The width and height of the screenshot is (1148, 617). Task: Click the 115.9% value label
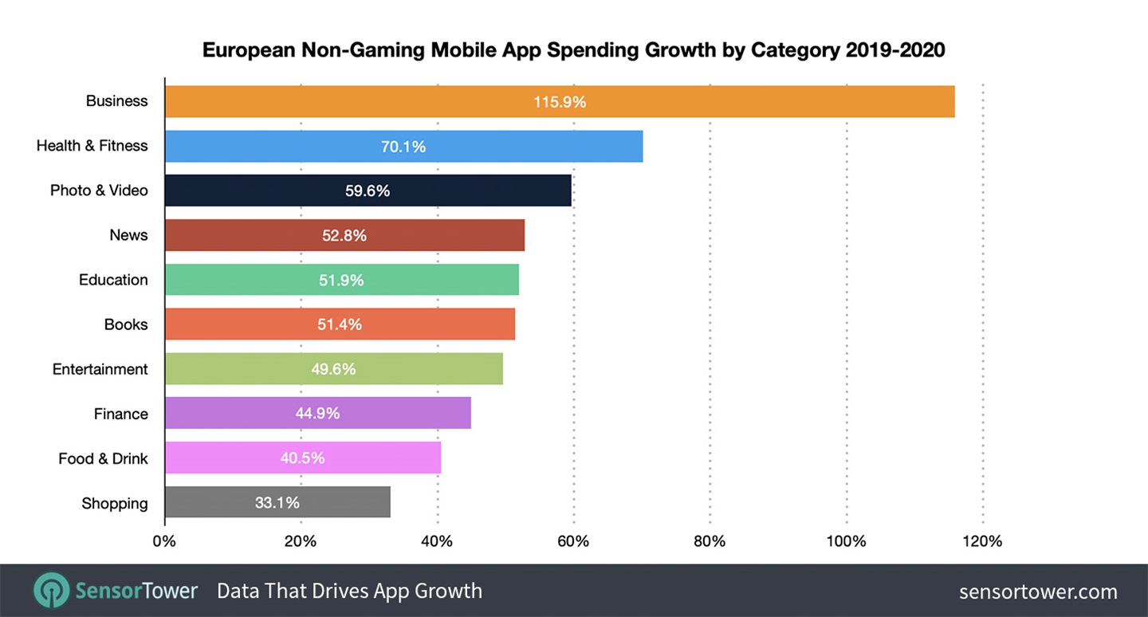[560, 102]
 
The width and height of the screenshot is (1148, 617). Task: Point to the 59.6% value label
[368, 191]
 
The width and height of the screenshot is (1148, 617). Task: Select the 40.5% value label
[302, 458]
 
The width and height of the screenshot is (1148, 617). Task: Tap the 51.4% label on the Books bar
[340, 324]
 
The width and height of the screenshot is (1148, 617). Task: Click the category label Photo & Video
[99, 191]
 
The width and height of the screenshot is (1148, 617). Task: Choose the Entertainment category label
[100, 369]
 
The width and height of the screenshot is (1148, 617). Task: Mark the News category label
[128, 235]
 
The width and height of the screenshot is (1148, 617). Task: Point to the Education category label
[113, 280]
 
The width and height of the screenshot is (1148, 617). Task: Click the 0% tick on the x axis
[164, 542]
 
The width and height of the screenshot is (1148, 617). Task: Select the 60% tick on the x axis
[572, 542]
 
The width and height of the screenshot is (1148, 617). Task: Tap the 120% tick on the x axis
[982, 542]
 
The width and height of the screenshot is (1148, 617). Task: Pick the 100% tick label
[846, 542]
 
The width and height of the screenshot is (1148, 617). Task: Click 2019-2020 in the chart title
[895, 50]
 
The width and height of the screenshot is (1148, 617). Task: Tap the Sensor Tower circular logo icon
[52, 591]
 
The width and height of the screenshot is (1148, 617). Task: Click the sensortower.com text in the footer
[1037, 591]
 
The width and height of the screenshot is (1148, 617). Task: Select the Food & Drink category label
[103, 458]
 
